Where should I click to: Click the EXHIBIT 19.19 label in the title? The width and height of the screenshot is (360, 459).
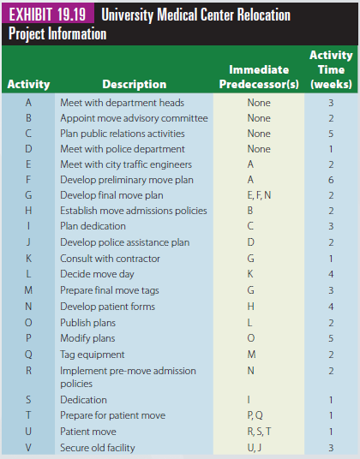point(47,15)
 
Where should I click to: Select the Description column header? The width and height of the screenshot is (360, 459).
point(135,84)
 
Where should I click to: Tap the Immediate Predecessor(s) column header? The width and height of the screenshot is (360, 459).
point(259,77)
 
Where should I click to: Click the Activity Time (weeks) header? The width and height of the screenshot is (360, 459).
point(331,69)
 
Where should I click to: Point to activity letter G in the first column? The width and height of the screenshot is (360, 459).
point(28,195)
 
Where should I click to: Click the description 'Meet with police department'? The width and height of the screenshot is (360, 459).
point(123,149)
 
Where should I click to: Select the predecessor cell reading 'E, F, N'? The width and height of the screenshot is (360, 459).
point(259,195)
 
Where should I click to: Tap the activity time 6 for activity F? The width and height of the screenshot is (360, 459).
point(331,180)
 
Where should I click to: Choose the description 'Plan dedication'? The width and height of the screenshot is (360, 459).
point(93,226)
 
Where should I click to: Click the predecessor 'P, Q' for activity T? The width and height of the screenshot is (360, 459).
point(255,415)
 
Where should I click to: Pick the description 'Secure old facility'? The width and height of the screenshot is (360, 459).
point(98,448)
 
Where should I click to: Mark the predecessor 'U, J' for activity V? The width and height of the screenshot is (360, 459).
point(255,448)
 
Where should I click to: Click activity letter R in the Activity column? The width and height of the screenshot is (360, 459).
point(28,371)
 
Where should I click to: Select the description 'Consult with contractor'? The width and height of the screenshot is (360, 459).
point(110,259)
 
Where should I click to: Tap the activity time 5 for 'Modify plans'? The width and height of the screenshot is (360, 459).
point(331,338)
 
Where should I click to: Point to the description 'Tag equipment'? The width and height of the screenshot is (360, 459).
point(93,355)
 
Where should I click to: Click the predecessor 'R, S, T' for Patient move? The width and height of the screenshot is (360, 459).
point(259,432)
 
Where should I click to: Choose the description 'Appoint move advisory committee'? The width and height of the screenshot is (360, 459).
point(134,118)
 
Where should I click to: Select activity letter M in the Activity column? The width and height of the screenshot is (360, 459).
point(28,290)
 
